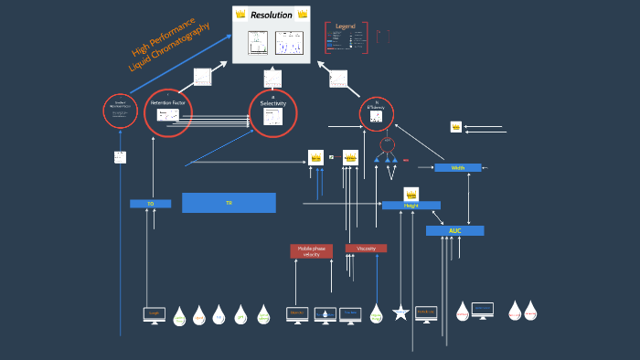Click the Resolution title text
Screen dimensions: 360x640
272,15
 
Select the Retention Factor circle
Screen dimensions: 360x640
168,112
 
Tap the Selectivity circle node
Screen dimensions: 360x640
273,113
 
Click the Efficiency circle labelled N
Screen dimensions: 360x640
376,114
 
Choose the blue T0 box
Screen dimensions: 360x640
150,204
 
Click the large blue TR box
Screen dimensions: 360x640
229,203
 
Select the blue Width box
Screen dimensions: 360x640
457,168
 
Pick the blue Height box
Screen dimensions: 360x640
411,206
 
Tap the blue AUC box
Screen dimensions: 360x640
454,230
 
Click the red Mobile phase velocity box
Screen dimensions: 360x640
312,251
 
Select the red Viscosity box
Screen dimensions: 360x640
366,248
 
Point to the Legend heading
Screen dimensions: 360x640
346,26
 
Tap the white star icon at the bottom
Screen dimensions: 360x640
400,313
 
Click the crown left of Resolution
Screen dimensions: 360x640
240,15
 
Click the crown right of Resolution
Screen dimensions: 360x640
303,15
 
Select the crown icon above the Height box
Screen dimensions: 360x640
411,194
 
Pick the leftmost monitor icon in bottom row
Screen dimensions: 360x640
155,313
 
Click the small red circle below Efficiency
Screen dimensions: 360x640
387,144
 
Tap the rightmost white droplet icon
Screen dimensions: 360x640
530,311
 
